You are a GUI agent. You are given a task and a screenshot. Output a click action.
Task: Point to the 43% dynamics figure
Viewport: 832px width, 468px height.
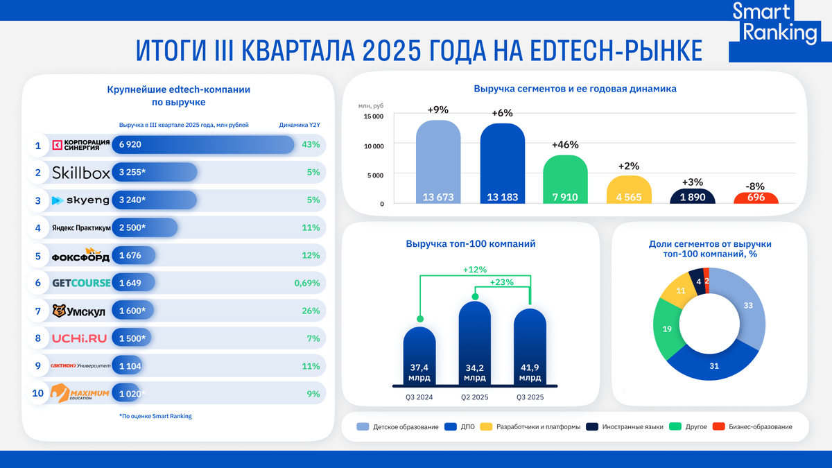click(311, 145)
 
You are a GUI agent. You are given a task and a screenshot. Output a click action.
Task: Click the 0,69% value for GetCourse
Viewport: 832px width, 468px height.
click(306, 283)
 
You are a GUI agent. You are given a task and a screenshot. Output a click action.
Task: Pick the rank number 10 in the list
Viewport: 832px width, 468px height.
click(39, 393)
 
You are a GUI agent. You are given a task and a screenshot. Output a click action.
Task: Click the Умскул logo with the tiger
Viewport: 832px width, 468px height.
click(79, 311)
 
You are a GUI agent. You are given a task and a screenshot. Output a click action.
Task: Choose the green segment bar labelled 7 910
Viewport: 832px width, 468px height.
click(565, 180)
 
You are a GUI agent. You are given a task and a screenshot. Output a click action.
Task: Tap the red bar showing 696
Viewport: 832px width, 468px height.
click(756, 198)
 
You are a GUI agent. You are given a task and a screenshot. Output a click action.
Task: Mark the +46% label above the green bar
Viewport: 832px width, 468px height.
click(565, 145)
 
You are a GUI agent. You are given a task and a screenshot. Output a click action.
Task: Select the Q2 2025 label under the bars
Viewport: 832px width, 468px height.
click(474, 397)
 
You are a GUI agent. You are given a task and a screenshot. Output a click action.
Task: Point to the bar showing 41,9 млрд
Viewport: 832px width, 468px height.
click(530, 347)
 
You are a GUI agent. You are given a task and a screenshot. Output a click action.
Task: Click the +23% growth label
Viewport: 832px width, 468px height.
click(502, 282)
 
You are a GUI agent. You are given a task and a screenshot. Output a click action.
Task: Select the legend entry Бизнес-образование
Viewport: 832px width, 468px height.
click(759, 426)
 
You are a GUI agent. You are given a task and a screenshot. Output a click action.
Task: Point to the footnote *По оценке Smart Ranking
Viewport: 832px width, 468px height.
click(155, 416)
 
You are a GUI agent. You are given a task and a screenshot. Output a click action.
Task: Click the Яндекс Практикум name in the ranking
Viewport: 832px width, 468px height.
click(81, 227)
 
